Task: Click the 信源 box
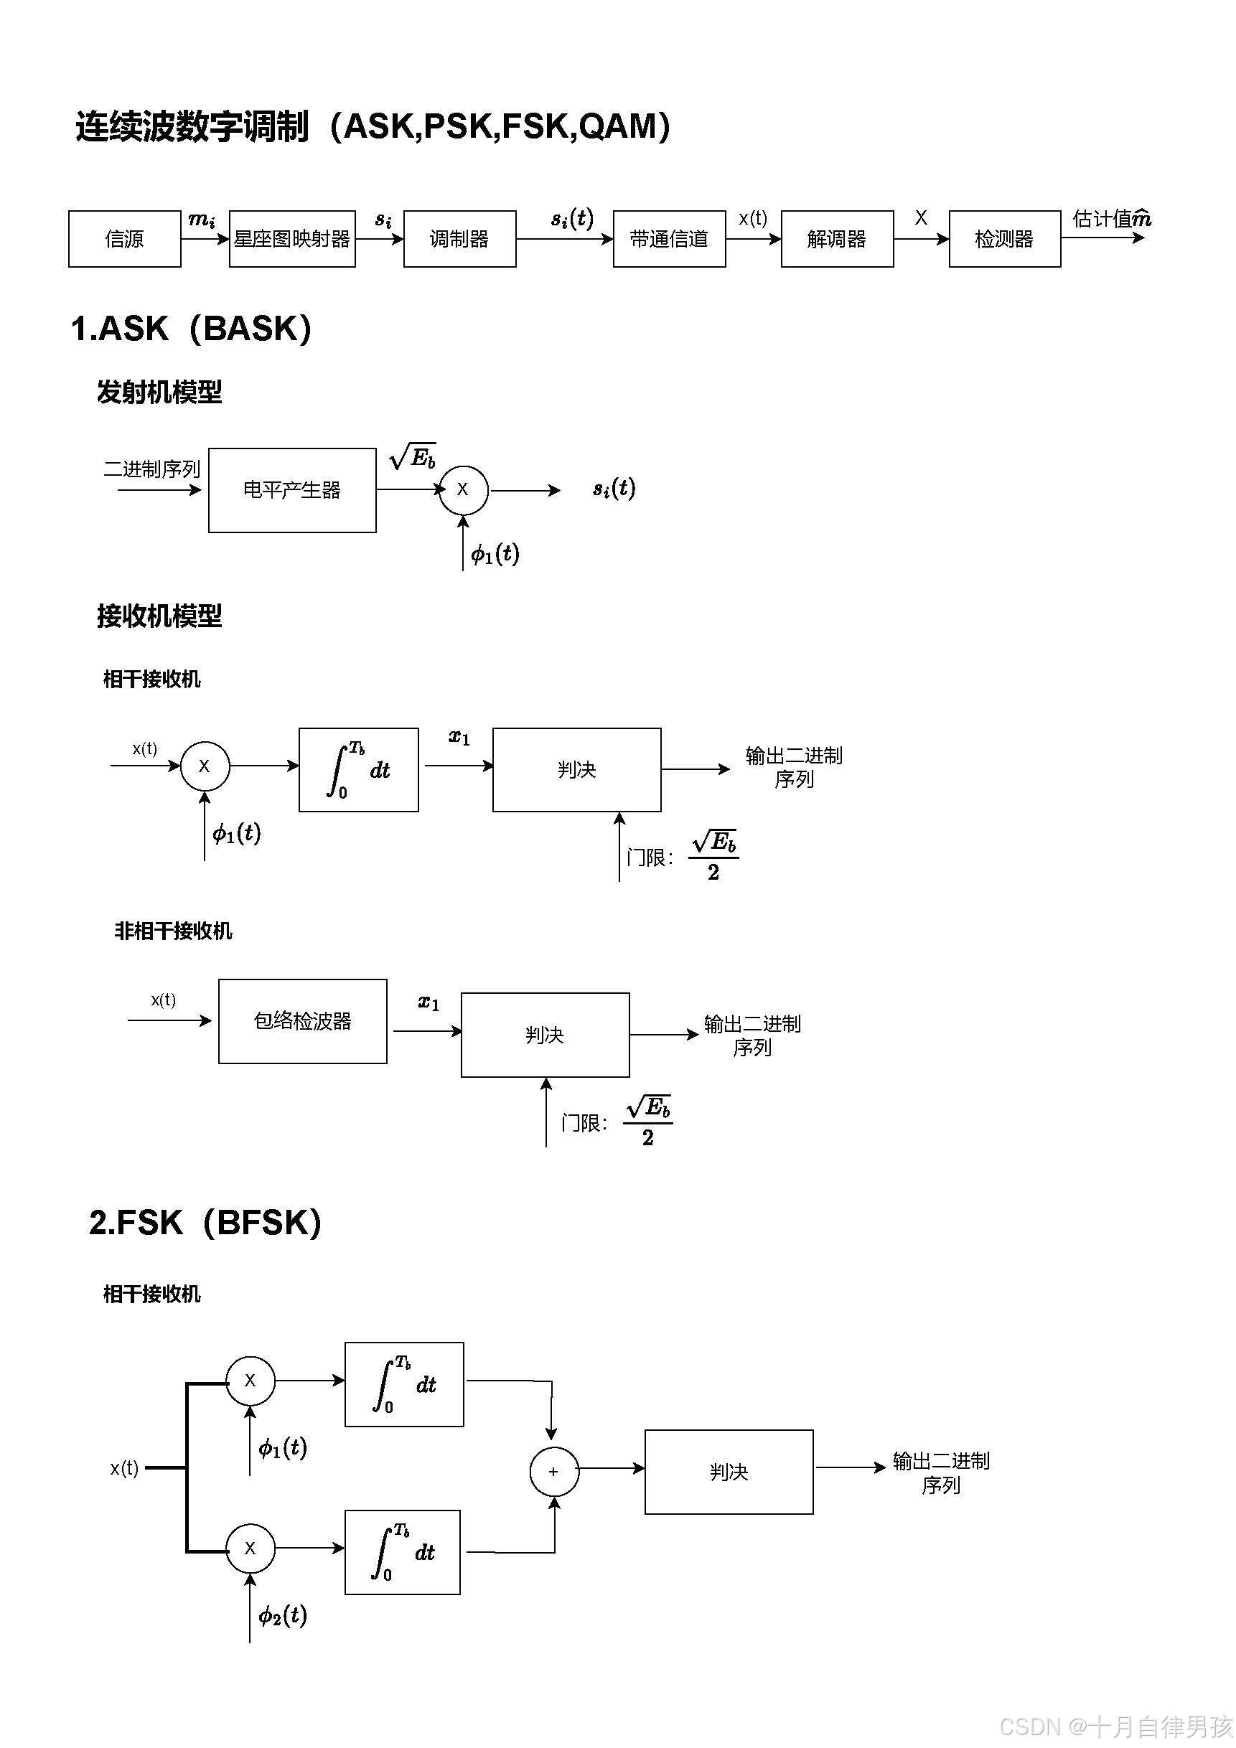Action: pyautogui.click(x=124, y=239)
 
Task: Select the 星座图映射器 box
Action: pyautogui.click(x=291, y=239)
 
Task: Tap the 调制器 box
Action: pyautogui.click(x=459, y=239)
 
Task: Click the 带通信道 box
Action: pyautogui.click(x=669, y=239)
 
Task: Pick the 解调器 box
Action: pyautogui.click(x=836, y=239)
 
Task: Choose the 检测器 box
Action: pyautogui.click(x=1003, y=239)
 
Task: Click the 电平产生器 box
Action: pyautogui.click(x=291, y=489)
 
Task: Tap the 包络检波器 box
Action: pyautogui.click(x=302, y=1021)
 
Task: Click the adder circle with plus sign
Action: pyautogui.click(x=553, y=1472)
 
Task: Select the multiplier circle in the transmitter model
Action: pyautogui.click(x=462, y=489)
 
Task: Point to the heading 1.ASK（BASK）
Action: pyautogui.click(x=191, y=329)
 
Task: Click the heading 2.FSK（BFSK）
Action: pyautogui.click(x=205, y=1223)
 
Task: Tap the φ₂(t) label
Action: pyautogui.click(x=283, y=1615)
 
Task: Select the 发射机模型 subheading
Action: pyautogui.click(x=159, y=393)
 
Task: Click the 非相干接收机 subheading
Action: pyautogui.click(x=173, y=931)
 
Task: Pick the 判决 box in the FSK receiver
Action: pyautogui.click(x=728, y=1472)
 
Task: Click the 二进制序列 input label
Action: pyautogui.click(x=151, y=469)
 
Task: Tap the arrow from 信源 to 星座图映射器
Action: pyautogui.click(x=205, y=239)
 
